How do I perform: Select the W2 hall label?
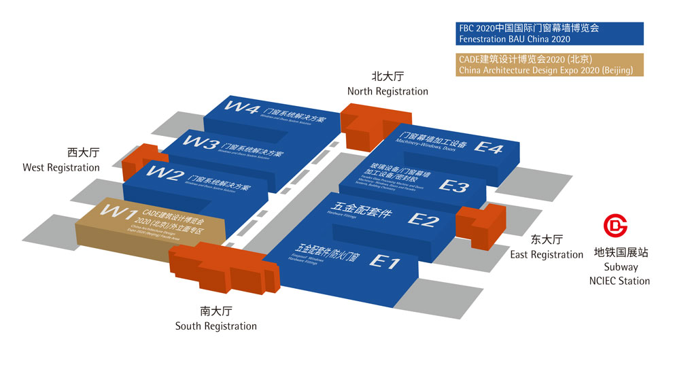click(x=166, y=176)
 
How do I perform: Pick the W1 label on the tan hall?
click(x=121, y=212)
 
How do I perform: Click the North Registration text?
click(x=387, y=91)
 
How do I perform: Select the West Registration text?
click(x=61, y=167)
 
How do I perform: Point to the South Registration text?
click(x=216, y=326)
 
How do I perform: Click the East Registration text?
click(x=547, y=254)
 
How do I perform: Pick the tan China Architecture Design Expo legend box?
click(x=551, y=65)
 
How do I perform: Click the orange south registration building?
click(x=224, y=265)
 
